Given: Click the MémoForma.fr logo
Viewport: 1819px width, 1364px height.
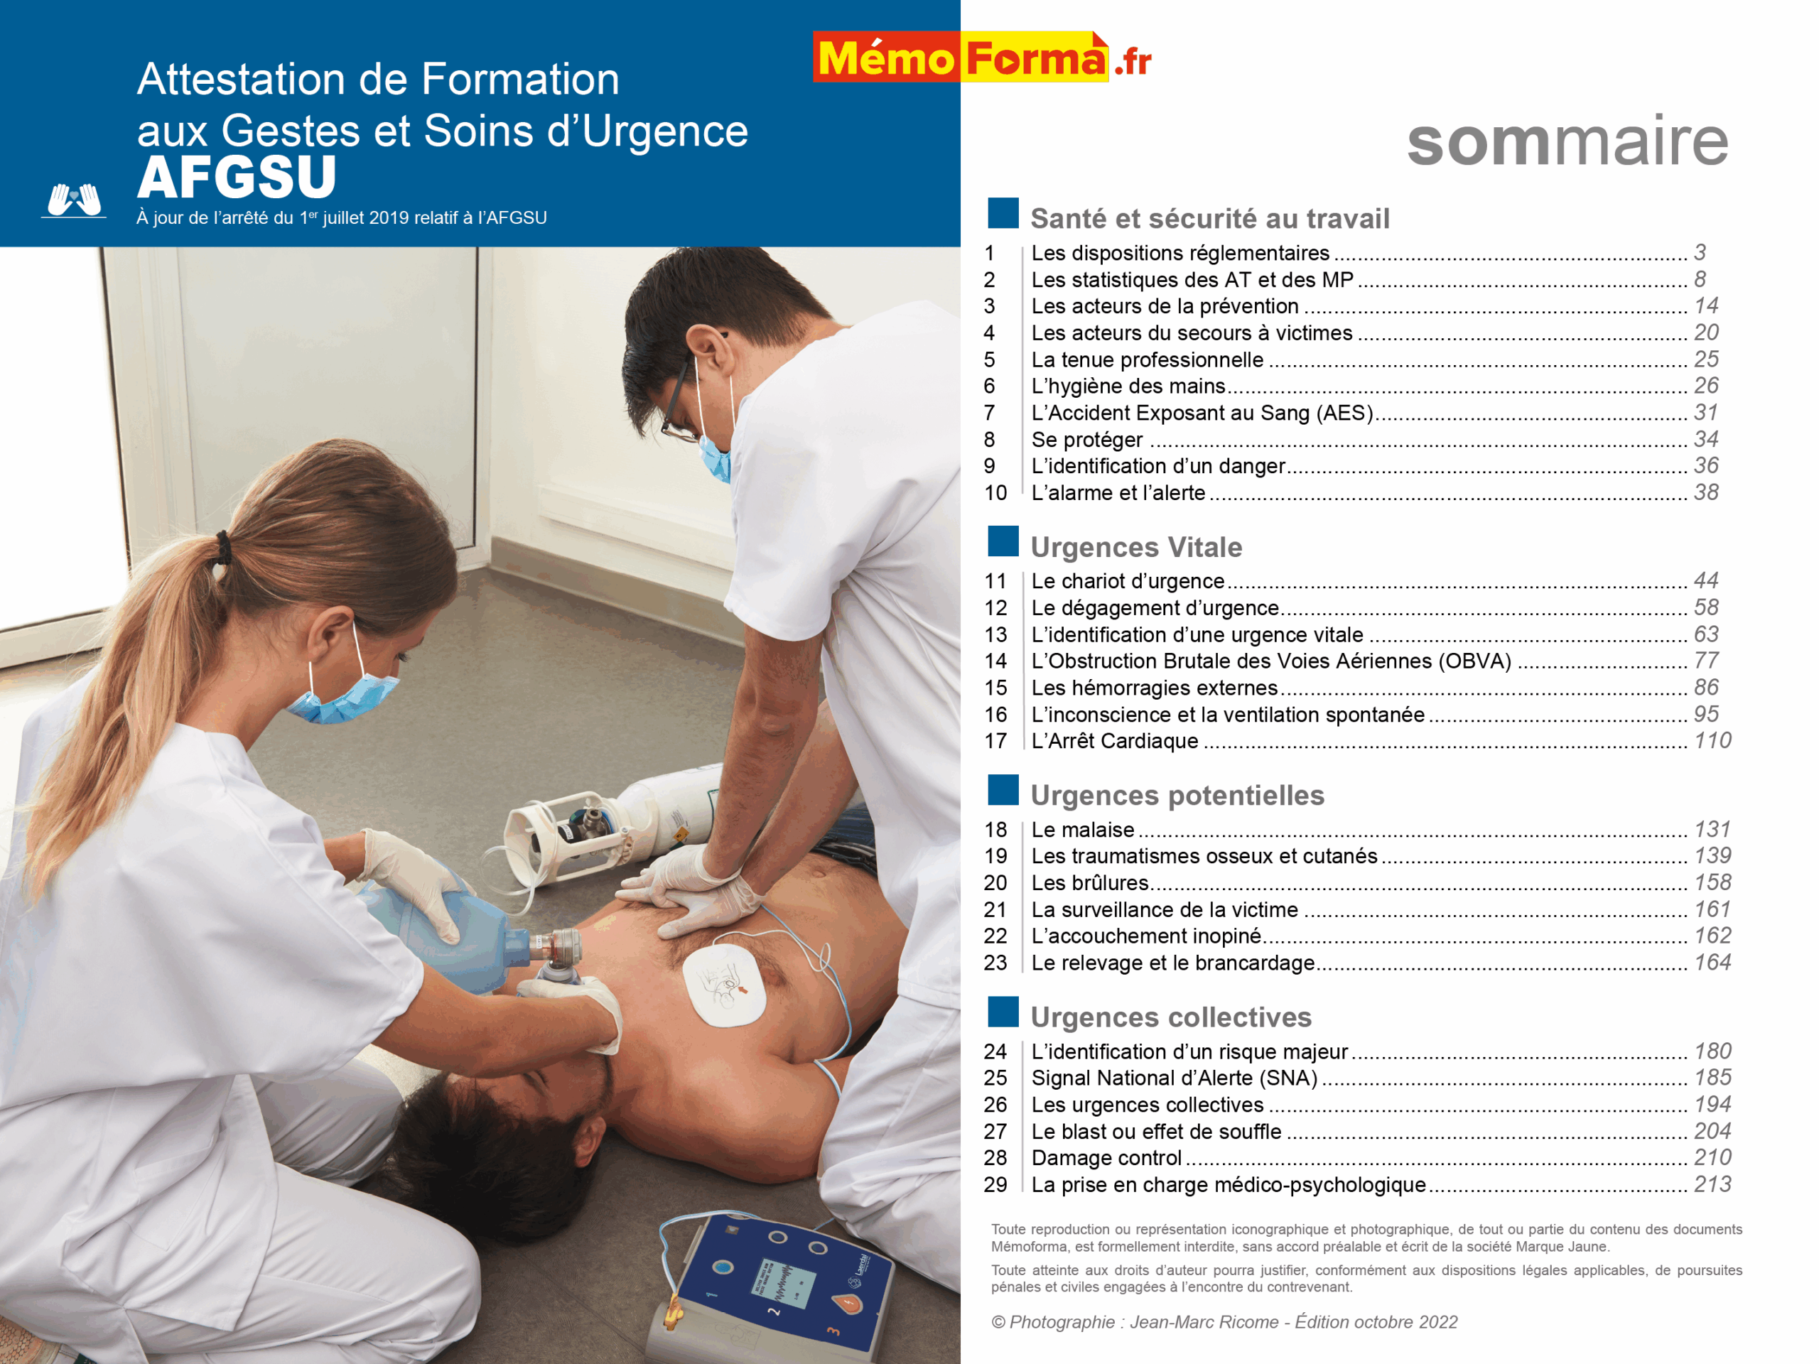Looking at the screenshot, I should pos(981,58).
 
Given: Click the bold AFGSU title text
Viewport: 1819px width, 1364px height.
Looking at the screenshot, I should pos(237,178).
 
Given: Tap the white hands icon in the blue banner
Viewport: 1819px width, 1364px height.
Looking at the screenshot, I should pos(74,200).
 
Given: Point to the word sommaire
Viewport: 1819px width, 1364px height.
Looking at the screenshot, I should pos(1567,141).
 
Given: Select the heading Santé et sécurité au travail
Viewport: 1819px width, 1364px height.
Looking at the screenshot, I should pos(1209,219).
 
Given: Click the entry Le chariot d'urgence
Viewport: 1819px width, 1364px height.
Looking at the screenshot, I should pos(1128,581).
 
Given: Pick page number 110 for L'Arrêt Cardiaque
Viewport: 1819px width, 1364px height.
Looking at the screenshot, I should pos(1712,741).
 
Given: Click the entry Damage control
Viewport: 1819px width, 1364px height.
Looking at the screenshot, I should pos(1106,1158).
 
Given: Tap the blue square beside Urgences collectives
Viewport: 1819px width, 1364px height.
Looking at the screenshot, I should pos(1003,1012).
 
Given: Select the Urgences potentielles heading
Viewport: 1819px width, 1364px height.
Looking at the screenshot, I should pos(1177,795).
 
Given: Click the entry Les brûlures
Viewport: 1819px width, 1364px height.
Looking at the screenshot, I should pos(1089,883).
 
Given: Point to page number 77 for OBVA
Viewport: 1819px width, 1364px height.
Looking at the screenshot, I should pos(1705,661).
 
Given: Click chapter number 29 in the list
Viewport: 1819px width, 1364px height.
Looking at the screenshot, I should pos(995,1185).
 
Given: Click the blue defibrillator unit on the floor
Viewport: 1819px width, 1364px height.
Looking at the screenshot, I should pos(781,1287).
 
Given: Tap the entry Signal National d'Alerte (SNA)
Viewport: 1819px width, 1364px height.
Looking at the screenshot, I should pos(1175,1078).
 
